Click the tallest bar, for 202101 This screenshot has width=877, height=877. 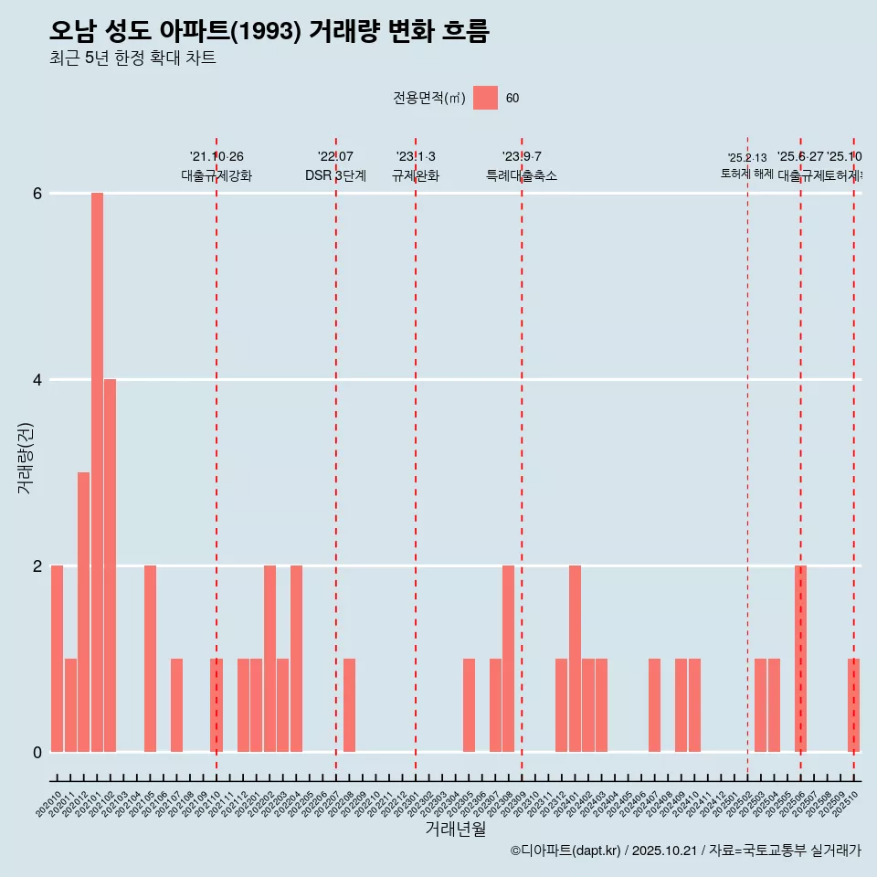pyautogui.click(x=97, y=472)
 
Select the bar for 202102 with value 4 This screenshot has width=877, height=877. pyautogui.click(x=110, y=565)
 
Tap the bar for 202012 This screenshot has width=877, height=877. pyautogui.click(x=83, y=612)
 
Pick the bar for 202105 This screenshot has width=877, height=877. pyautogui.click(x=150, y=659)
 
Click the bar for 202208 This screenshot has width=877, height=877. pyautogui.click(x=349, y=705)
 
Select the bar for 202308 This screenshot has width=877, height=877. pyautogui.click(x=508, y=659)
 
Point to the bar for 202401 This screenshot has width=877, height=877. pyautogui.click(x=575, y=659)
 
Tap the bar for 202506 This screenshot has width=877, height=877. pyautogui.click(x=800, y=659)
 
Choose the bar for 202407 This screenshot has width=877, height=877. pyautogui.click(x=654, y=705)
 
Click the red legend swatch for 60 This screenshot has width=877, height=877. pyautogui.click(x=485, y=98)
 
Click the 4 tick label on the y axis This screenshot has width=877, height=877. pyautogui.click(x=37, y=380)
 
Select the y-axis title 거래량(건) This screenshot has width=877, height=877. pyautogui.click(x=26, y=458)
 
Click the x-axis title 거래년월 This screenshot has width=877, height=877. pyautogui.click(x=455, y=829)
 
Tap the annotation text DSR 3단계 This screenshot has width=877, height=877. pyautogui.click(x=335, y=176)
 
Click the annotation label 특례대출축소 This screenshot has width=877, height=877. pyautogui.click(x=521, y=176)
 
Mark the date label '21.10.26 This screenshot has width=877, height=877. pyautogui.click(x=217, y=157)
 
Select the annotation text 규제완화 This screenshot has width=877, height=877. pyautogui.click(x=416, y=176)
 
